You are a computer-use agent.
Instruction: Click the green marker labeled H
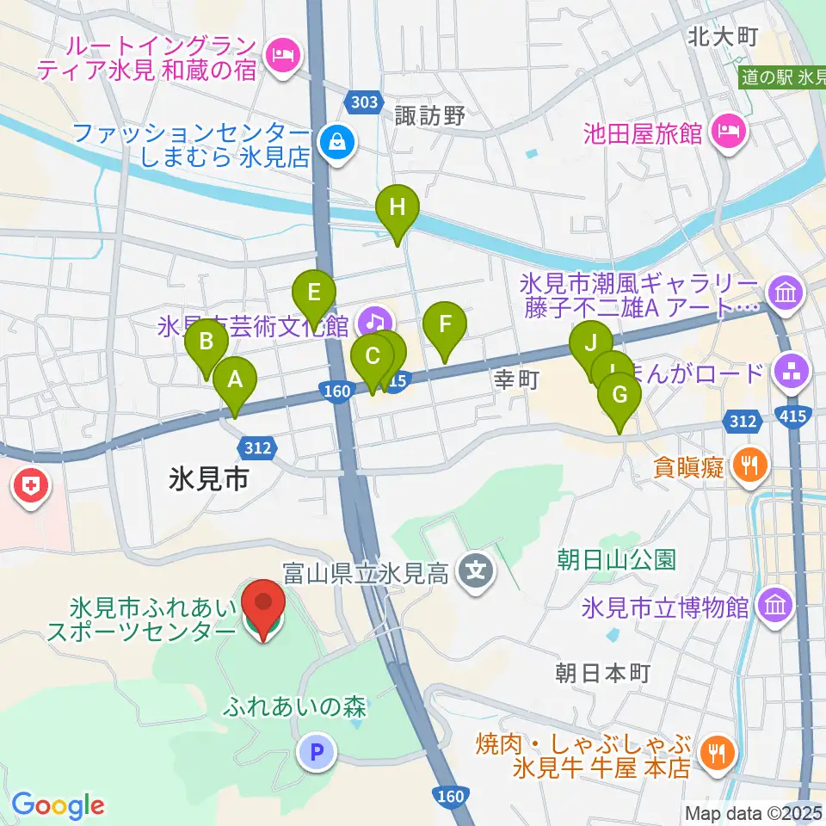coord(397,208)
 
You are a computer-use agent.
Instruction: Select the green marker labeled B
coord(206,342)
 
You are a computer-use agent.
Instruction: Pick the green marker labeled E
coord(313,291)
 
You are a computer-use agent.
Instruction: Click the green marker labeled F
coord(445,325)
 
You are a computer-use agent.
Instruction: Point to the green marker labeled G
coord(619,396)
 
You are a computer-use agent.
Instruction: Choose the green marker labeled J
coord(591,343)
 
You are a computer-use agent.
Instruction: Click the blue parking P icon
coord(317,755)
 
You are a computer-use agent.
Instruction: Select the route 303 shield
coord(365,102)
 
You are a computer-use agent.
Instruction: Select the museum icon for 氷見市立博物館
coord(777,607)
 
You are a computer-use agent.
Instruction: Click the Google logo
coord(58,805)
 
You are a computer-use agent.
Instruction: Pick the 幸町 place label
coord(515,379)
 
